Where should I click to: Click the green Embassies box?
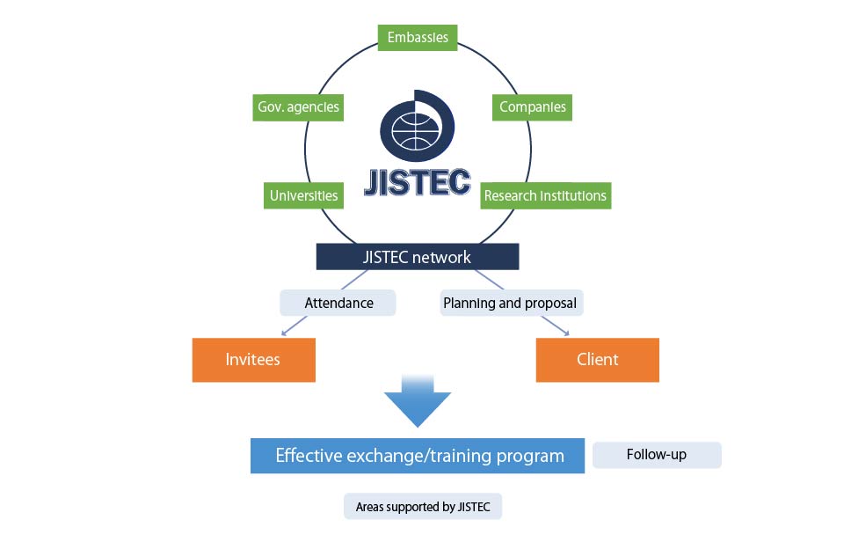click(418, 37)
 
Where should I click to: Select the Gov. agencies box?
click(298, 107)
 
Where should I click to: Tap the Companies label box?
click(532, 107)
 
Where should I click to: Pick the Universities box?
click(303, 195)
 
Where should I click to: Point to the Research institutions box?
click(545, 195)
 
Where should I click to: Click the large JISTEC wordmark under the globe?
click(418, 182)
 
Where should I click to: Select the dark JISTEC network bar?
click(418, 257)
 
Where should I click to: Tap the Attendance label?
click(338, 303)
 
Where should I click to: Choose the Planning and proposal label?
click(510, 303)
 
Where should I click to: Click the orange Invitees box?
click(253, 359)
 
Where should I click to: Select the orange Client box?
click(597, 359)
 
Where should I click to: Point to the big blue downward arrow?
click(418, 400)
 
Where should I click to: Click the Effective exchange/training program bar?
click(418, 456)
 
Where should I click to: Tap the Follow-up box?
click(657, 455)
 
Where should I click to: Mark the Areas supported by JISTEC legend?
click(423, 506)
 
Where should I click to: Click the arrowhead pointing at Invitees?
click(283, 334)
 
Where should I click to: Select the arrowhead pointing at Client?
click(568, 333)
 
